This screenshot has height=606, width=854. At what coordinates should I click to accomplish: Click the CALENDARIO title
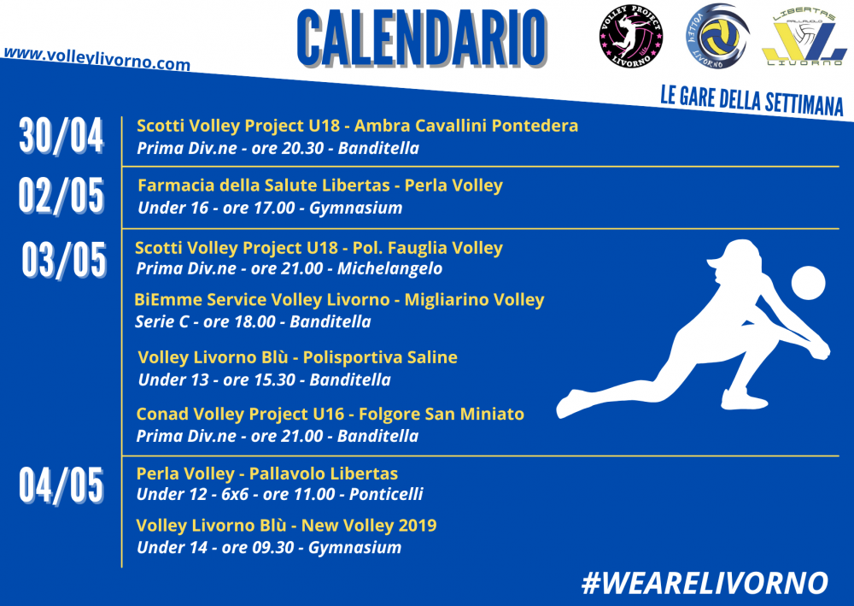click(x=423, y=38)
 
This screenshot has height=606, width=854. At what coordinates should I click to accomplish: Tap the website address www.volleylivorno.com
click(x=97, y=59)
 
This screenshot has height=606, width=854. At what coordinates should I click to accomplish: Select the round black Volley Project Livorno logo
click(x=631, y=37)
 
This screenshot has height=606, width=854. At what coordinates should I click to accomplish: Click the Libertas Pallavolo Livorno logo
click(x=804, y=37)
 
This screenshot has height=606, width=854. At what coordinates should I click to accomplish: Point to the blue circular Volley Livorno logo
click(x=717, y=36)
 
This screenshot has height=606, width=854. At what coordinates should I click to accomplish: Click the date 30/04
click(x=61, y=136)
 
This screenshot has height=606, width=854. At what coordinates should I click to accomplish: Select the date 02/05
click(x=61, y=196)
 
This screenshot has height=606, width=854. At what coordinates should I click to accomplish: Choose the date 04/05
click(x=61, y=485)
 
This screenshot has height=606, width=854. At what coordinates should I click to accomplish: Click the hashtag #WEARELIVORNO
click(x=705, y=583)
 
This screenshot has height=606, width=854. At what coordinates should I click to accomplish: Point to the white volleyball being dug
click(x=808, y=283)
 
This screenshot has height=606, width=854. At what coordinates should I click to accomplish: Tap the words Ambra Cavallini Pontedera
click(x=466, y=126)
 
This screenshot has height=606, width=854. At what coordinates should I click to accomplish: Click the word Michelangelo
click(x=390, y=268)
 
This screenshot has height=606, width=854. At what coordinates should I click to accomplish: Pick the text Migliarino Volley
click(x=474, y=300)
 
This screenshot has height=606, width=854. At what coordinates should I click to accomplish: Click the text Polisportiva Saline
click(x=380, y=357)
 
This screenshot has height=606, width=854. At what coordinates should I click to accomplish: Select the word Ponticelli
click(x=386, y=494)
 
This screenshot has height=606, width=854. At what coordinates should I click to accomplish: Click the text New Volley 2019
click(x=369, y=526)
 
